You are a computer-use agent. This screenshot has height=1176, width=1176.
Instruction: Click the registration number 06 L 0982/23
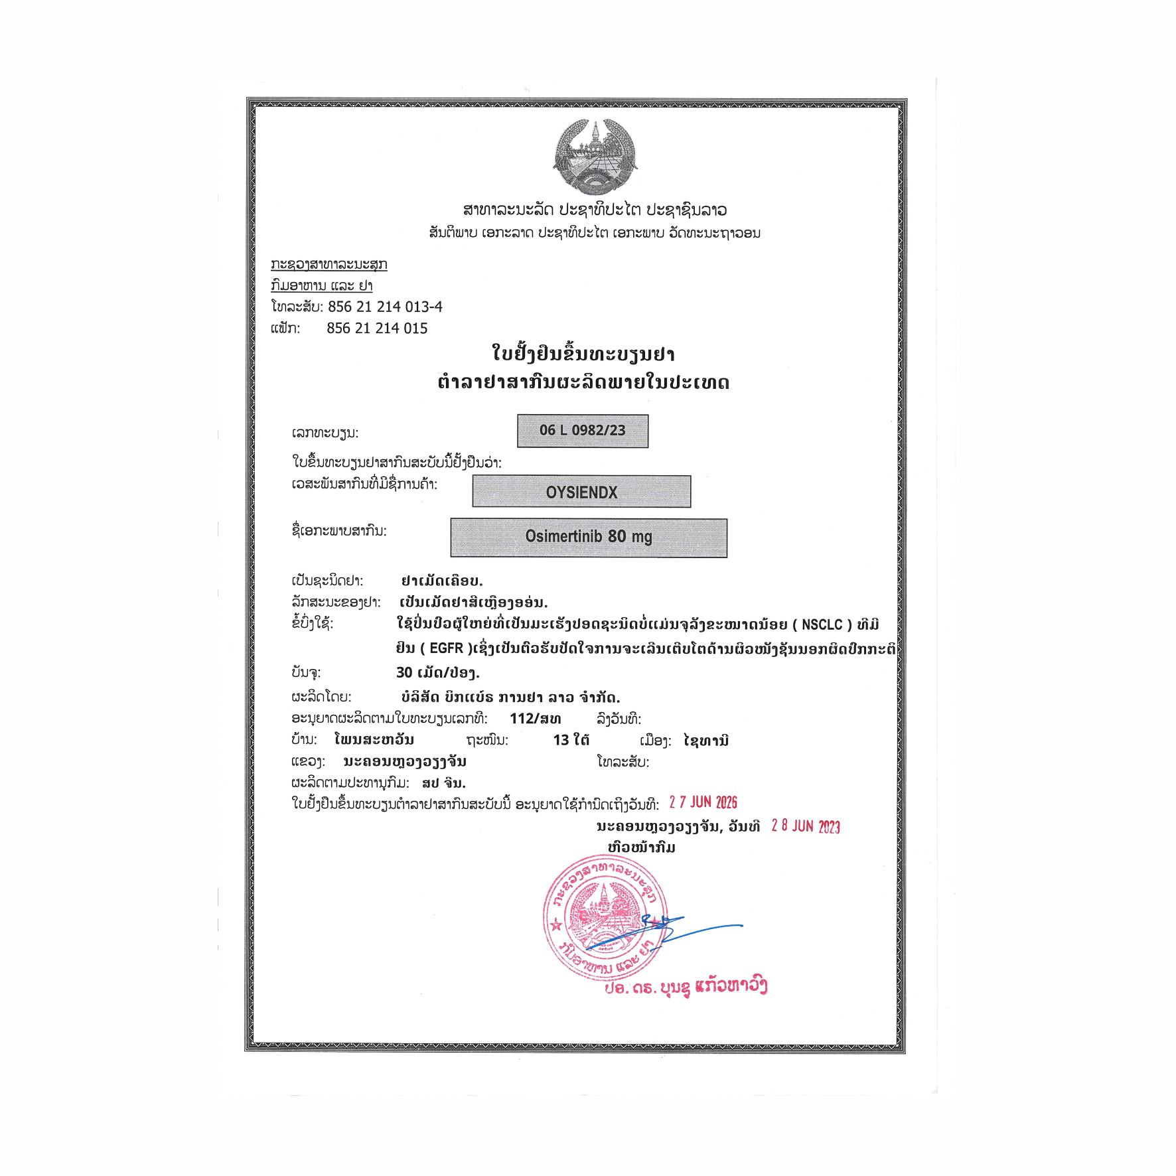click(x=582, y=430)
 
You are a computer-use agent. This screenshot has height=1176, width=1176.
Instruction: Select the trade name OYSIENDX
click(x=581, y=492)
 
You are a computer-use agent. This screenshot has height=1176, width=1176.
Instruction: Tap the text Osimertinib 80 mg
click(x=588, y=536)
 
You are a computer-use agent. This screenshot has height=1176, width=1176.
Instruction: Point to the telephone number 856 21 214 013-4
click(x=385, y=307)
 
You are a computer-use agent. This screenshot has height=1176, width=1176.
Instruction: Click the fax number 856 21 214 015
click(x=377, y=329)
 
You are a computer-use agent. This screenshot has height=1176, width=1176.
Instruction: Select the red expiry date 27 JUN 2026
click(x=703, y=802)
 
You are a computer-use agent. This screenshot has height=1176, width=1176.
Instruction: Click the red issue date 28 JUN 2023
click(x=805, y=826)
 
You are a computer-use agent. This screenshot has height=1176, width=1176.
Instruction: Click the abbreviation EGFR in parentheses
click(x=446, y=648)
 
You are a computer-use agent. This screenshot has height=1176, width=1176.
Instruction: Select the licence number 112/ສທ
click(x=535, y=719)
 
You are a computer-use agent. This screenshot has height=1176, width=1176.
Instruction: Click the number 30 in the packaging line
click(x=404, y=673)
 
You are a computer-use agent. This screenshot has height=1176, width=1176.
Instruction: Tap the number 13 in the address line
click(x=561, y=740)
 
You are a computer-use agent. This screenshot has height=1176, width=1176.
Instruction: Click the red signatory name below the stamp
click(x=685, y=987)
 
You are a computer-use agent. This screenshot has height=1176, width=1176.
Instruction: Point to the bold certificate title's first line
click(x=583, y=354)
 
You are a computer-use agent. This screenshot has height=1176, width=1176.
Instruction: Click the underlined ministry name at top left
click(x=329, y=264)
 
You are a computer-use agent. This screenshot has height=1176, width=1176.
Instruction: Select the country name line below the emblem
click(x=595, y=210)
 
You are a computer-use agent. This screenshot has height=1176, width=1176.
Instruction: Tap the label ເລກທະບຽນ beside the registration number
click(x=325, y=433)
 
